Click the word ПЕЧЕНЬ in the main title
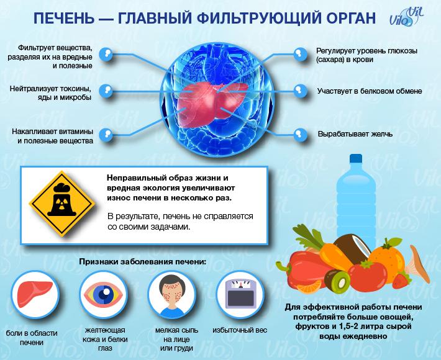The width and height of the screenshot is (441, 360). click(x=64, y=19)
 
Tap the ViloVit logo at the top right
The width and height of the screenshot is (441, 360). click(x=406, y=17)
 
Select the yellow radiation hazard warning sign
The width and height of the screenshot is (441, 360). click(x=62, y=204)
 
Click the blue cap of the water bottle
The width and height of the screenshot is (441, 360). click(x=356, y=158)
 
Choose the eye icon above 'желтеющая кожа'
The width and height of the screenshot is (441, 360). click(x=103, y=294)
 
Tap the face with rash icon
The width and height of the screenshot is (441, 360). click(x=171, y=294)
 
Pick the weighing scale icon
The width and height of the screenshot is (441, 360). click(x=240, y=294)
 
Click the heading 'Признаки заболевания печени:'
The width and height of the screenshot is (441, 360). click(x=143, y=262)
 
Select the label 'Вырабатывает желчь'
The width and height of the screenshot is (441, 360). click(x=355, y=134)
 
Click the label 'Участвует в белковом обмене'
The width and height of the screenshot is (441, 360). click(x=370, y=91)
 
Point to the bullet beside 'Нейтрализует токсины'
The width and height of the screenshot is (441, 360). click(x=106, y=91)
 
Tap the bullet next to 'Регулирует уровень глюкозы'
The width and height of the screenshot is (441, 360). click(x=300, y=53)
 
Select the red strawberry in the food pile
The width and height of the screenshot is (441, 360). click(x=401, y=281)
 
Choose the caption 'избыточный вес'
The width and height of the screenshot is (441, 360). click(x=240, y=330)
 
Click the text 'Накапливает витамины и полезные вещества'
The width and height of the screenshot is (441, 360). click(x=53, y=136)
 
